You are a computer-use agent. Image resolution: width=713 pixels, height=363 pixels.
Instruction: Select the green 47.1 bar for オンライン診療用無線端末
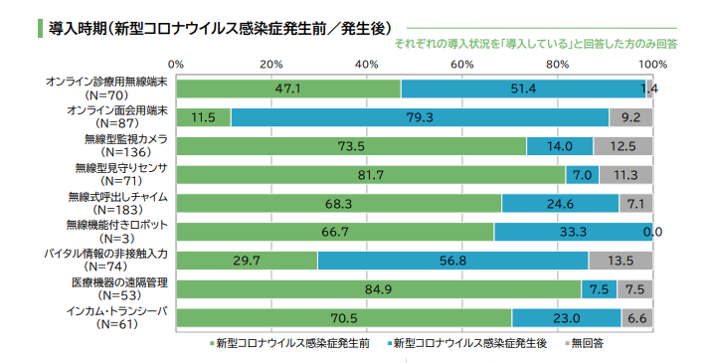click(x=288, y=89)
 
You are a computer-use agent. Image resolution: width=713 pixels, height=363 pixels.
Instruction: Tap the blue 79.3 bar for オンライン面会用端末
click(x=419, y=117)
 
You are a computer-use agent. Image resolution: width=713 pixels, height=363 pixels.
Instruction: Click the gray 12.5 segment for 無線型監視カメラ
click(x=624, y=146)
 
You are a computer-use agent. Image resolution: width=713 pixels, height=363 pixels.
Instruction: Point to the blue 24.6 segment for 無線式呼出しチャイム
click(x=560, y=203)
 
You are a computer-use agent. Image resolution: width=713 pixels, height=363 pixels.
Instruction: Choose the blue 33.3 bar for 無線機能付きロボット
click(x=573, y=232)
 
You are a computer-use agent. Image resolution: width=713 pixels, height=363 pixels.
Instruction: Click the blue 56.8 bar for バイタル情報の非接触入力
click(x=452, y=261)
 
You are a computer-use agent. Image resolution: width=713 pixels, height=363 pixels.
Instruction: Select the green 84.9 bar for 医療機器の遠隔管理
click(x=379, y=289)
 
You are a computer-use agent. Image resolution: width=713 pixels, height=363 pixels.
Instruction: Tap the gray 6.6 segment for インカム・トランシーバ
click(x=637, y=318)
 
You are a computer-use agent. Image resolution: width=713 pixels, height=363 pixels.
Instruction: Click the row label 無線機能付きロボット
click(x=117, y=225)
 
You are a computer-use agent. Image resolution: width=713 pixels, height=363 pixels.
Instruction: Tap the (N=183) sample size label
click(x=117, y=211)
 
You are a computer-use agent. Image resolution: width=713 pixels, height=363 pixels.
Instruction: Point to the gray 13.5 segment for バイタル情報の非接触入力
click(x=621, y=261)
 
